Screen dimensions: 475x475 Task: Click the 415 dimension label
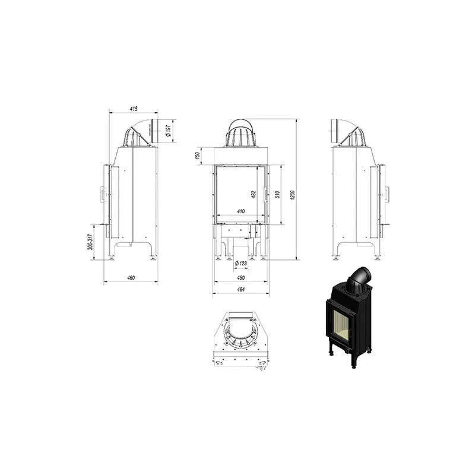pyautogui.click(x=134, y=109)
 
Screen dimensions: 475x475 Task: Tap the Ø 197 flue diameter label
pyautogui.click(x=169, y=130)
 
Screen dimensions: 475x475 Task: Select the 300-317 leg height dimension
pyautogui.click(x=90, y=242)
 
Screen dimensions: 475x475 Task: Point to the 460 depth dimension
pyautogui.click(x=131, y=277)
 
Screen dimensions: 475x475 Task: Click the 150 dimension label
pyautogui.click(x=198, y=156)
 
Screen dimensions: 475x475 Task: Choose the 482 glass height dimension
pyautogui.click(x=254, y=194)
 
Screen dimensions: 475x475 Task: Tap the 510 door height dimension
pyautogui.click(x=277, y=194)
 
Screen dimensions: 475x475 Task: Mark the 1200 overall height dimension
pyautogui.click(x=292, y=195)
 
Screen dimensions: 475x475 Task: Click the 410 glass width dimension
pyautogui.click(x=241, y=211)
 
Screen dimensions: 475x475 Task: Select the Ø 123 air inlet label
pyautogui.click(x=241, y=263)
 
